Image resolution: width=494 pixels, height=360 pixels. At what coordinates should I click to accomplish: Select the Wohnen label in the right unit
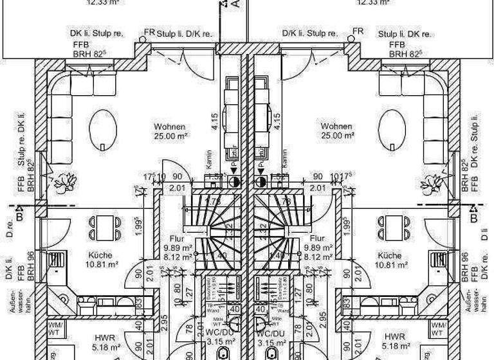(x=338, y=127)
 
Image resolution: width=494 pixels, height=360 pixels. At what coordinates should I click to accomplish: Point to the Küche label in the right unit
(x=390, y=255)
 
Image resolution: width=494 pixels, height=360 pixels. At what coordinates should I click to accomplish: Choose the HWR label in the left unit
(x=104, y=337)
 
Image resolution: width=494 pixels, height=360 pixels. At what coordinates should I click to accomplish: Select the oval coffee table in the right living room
(x=392, y=129)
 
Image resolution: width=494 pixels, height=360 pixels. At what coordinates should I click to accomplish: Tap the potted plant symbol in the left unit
(x=63, y=183)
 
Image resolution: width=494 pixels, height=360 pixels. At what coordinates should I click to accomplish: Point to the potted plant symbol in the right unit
(x=429, y=183)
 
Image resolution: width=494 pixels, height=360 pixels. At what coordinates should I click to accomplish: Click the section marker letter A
(x=236, y=4)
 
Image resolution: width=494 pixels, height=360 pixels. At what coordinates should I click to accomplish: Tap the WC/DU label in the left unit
(x=222, y=334)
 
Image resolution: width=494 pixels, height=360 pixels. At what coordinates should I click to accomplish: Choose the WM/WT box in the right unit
(x=437, y=329)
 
